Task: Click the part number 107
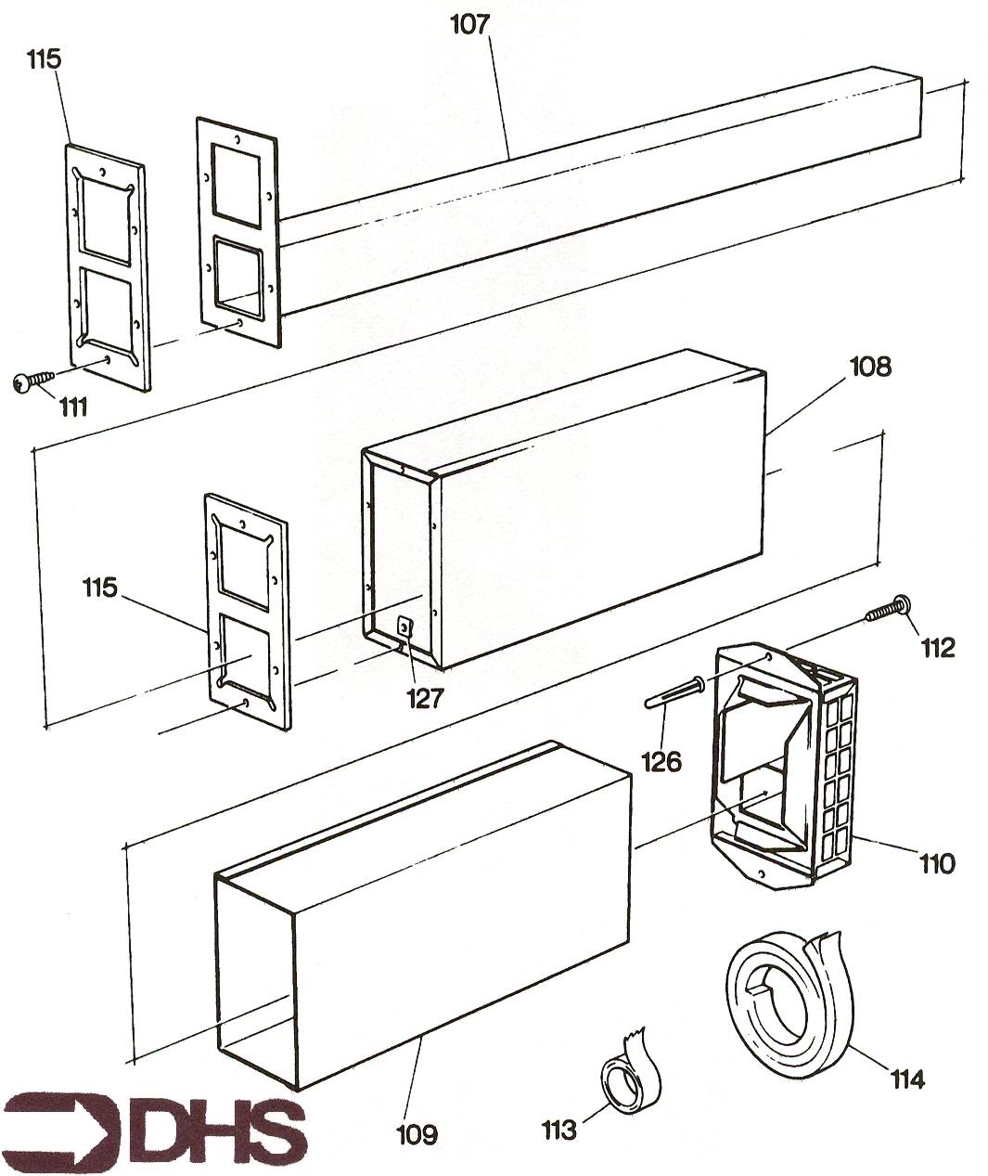(x=470, y=25)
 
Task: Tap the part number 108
(x=871, y=367)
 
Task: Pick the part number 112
(x=937, y=648)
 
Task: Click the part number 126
(x=661, y=762)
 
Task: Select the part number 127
(x=426, y=699)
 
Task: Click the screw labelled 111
(x=33, y=380)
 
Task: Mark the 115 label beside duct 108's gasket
(x=100, y=588)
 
